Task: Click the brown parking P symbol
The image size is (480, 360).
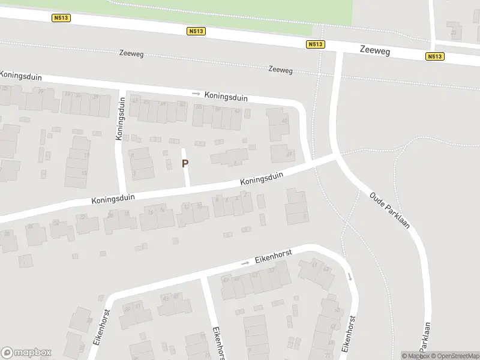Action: pyautogui.click(x=185, y=163)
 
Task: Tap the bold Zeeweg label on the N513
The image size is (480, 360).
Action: pyautogui.click(x=376, y=52)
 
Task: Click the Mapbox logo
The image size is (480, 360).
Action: pyautogui.click(x=26, y=353)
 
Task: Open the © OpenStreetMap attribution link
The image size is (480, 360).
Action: pyautogui.click(x=454, y=356)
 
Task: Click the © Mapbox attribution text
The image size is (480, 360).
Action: pyautogui.click(x=414, y=356)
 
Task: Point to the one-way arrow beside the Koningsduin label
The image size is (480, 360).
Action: pyautogui.click(x=196, y=94)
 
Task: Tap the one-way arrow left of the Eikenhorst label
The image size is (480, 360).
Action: pyautogui.click(x=245, y=263)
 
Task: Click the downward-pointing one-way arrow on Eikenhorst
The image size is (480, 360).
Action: pyautogui.click(x=350, y=277)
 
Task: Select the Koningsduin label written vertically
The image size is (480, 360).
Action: pyautogui.click(x=119, y=124)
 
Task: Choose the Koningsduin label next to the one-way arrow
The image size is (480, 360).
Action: pyautogui.click(x=226, y=97)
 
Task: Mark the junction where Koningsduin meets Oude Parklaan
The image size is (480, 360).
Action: pyautogui.click(x=336, y=157)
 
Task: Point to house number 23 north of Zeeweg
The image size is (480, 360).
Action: pyautogui.click(x=453, y=32)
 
